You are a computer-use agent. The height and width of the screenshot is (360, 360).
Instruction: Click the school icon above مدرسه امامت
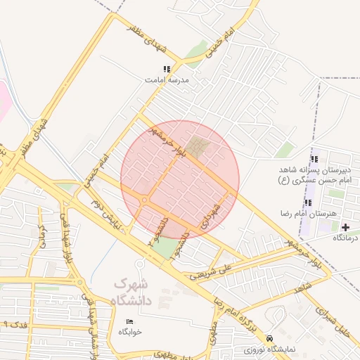click(167, 69)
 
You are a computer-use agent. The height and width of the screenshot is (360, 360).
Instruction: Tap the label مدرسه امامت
click(167, 79)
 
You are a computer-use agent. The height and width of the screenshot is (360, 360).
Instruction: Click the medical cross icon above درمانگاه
click(345, 227)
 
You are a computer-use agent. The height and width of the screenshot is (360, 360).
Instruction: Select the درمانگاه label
click(345, 238)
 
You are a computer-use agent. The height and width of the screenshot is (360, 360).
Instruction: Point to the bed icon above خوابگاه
click(130, 321)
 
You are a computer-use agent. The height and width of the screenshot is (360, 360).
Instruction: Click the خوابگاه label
click(131, 331)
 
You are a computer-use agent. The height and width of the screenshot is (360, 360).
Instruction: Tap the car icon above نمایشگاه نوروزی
click(271, 338)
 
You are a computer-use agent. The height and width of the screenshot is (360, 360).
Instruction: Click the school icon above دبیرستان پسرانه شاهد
click(314, 159)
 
